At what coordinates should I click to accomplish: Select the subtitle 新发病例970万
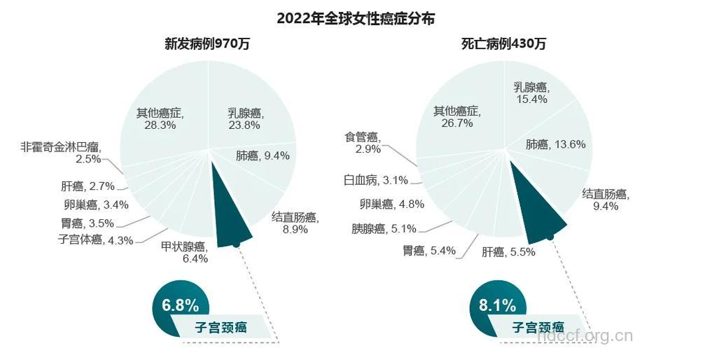pos(207,43)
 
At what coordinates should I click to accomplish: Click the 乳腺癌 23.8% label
pos(245,119)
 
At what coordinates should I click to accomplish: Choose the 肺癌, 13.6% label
pos(555,144)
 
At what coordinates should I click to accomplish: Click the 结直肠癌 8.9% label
pos(295,223)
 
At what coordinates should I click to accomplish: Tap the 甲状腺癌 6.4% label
pos(184,252)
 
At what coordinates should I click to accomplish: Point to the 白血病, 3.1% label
pos(375,181)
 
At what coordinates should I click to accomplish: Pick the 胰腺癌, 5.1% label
pos(384,228)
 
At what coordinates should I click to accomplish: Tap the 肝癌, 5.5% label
pos(509,251)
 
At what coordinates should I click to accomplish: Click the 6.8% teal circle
pos(180,306)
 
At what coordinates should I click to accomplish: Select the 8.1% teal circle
pos(497,306)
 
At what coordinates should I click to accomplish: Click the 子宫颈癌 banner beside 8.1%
pos(538,326)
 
